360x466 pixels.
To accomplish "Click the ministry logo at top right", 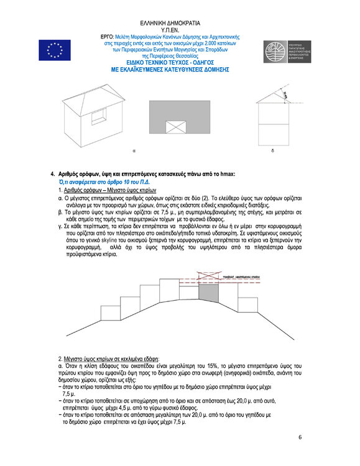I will tap(290, 52).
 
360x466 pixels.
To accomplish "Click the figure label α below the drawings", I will tap(134, 150).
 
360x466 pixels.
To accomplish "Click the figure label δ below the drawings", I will tap(272, 150).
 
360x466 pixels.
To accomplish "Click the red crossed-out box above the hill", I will tap(206, 276).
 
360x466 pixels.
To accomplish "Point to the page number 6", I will tap(300, 437).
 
